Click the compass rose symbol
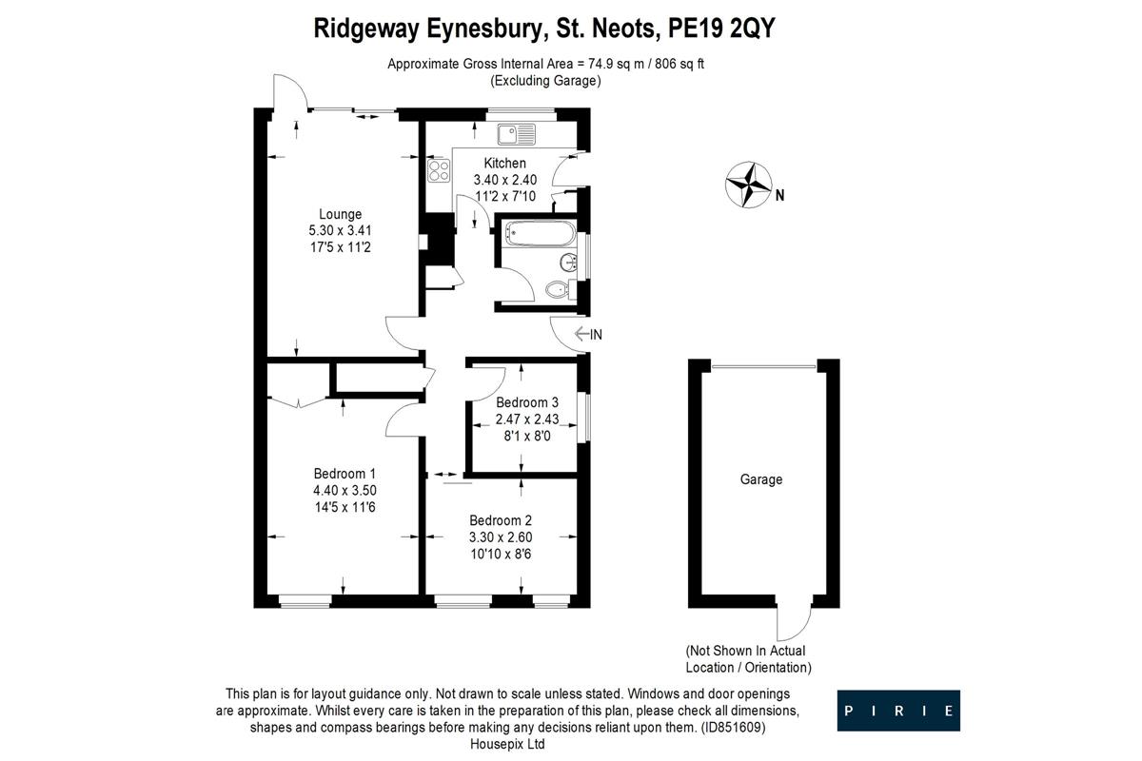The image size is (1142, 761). [x=747, y=185]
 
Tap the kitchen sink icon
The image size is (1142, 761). [x=515, y=134]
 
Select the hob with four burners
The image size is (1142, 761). [x=439, y=171]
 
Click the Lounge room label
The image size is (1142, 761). [x=340, y=214]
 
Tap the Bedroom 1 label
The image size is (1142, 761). [x=345, y=474]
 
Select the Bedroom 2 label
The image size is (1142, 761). [x=500, y=520]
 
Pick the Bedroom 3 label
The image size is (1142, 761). [x=526, y=402]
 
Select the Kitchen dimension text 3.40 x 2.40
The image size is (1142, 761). [x=505, y=180]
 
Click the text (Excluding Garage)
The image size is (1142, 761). [x=545, y=81]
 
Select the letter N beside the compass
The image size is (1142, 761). [x=779, y=197]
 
